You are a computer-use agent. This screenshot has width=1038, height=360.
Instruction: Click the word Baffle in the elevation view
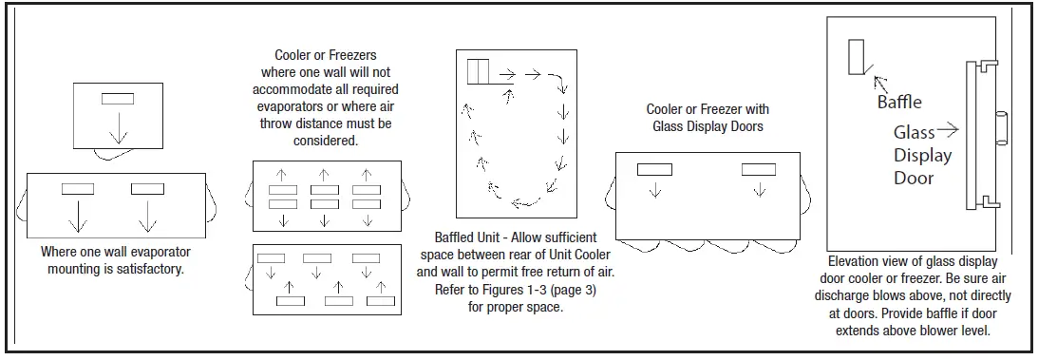point(898,102)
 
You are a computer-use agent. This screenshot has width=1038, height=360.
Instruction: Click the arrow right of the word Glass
point(948,131)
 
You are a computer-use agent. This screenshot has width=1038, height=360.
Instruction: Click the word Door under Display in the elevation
point(913,178)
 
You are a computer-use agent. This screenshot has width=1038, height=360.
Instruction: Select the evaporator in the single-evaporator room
point(117,98)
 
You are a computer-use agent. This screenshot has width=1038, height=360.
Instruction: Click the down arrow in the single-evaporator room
point(117,130)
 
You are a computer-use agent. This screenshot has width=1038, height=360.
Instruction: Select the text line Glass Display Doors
point(708,126)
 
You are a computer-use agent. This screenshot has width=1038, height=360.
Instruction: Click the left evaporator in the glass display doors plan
point(653,169)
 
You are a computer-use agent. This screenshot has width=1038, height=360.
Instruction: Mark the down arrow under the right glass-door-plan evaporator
point(758,190)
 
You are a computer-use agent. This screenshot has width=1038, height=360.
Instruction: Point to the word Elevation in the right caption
point(856,261)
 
